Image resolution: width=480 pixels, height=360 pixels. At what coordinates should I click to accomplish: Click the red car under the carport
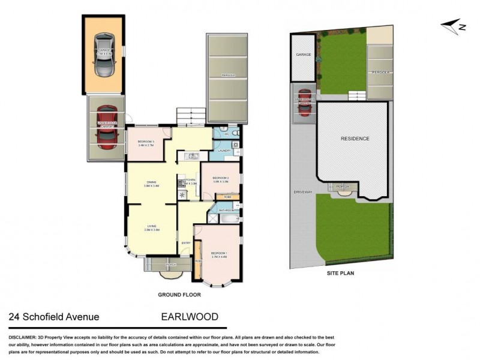click(106, 128)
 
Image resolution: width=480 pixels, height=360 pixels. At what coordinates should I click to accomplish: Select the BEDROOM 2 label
click(221, 179)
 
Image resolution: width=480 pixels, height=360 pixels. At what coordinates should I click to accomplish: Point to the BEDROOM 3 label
click(146, 143)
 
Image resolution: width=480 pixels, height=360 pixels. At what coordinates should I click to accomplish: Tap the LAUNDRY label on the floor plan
click(224, 151)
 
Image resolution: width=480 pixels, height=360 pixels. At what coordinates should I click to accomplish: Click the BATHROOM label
click(226, 211)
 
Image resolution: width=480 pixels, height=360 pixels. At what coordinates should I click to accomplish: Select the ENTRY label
click(186, 242)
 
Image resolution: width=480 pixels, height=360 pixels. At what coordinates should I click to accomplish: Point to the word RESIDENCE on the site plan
click(355, 139)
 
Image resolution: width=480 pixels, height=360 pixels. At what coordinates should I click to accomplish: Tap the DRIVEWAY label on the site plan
click(303, 192)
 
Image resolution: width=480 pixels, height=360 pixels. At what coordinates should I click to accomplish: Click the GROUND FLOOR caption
click(179, 295)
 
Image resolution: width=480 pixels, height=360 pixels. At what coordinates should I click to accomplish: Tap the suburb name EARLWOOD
click(190, 317)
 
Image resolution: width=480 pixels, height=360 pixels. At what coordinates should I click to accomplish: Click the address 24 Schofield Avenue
click(54, 317)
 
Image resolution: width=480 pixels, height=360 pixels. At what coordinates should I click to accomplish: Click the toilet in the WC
click(236, 133)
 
